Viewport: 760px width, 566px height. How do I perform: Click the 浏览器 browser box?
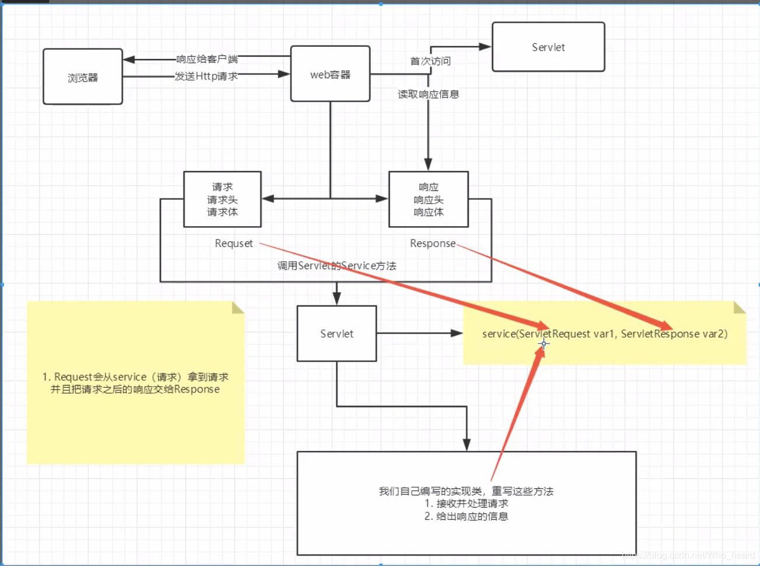pos(82,77)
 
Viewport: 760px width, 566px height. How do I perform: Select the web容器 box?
pos(330,74)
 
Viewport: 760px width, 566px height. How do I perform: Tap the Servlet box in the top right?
pos(548,47)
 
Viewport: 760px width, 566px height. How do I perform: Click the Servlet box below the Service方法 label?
pos(336,334)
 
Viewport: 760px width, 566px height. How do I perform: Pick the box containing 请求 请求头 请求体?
pos(222,199)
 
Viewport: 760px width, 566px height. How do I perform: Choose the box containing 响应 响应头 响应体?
pos(428,199)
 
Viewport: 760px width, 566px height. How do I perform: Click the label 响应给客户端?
pos(207,59)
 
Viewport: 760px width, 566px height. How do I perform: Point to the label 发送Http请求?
pos(206,76)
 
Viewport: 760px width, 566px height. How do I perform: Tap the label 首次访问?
pos(430,61)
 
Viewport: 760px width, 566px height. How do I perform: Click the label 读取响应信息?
pos(428,94)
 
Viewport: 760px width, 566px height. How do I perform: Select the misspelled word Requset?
pos(233,243)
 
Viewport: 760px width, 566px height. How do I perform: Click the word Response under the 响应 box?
pos(433,243)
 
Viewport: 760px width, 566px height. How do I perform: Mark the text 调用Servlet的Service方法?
pos(336,266)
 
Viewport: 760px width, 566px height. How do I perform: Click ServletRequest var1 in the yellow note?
pos(566,334)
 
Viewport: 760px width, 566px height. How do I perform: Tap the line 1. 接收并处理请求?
pos(466,504)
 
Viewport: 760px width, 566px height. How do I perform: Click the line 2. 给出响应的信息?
pos(466,516)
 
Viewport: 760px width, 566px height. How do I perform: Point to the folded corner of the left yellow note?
pos(238,308)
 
